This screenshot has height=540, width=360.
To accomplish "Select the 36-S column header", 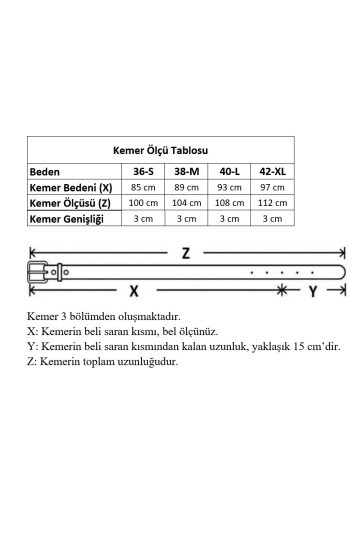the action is (x=143, y=171).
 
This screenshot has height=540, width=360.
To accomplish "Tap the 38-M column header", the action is (x=186, y=171).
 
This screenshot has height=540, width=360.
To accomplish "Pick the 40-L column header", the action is (x=229, y=171).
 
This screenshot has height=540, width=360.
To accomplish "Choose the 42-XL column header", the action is (x=272, y=171).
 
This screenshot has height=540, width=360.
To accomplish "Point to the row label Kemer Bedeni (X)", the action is (x=70, y=187).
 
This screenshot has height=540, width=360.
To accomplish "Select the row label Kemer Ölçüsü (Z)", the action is (x=70, y=203).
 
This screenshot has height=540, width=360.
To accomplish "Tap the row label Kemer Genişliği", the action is (x=67, y=218).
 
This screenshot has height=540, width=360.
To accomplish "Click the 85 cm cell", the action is (x=143, y=187).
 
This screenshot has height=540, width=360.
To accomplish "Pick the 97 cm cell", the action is (x=272, y=187).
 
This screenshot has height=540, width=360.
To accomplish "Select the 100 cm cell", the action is (x=143, y=203).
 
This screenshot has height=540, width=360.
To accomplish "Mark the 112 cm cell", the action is (x=272, y=203).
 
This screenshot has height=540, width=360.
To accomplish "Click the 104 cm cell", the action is (x=186, y=203).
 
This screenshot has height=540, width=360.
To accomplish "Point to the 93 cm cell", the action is (x=229, y=187).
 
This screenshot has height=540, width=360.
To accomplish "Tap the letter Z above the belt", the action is (x=185, y=253).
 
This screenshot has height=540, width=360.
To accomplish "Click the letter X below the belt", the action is (x=133, y=292).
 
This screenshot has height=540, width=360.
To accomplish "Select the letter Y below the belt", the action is (x=313, y=292).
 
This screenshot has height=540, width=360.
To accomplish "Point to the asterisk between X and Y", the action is (x=283, y=290).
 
